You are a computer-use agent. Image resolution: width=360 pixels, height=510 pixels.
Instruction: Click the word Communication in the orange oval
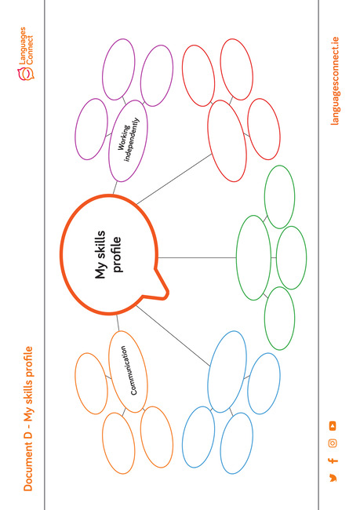tap(128, 370)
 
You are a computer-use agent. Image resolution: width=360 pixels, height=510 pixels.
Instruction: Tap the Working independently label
tap(129, 140)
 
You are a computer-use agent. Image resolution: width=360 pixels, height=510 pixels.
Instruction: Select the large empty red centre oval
tap(227, 140)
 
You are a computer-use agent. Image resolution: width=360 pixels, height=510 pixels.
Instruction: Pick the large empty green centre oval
tap(253, 257)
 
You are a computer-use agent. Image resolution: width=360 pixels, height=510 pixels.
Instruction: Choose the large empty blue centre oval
tap(227, 372)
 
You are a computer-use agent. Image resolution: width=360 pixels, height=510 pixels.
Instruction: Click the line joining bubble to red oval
tap(174, 179)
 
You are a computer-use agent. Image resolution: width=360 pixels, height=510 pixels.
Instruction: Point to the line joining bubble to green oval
tap(197, 258)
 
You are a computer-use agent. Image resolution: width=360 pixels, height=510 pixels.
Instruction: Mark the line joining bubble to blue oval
tap(173, 336)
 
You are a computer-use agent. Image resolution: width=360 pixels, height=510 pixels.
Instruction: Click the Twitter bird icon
tap(333, 478)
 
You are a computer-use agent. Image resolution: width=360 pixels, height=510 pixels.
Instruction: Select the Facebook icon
tap(333, 461)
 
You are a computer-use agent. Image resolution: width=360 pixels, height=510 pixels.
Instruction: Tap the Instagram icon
tap(333, 443)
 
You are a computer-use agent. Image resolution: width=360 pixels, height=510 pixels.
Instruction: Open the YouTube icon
tap(333, 426)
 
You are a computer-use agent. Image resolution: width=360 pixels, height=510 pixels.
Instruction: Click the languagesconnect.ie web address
tap(334, 81)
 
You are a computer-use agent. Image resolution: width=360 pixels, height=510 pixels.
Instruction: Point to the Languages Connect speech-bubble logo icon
tap(26, 74)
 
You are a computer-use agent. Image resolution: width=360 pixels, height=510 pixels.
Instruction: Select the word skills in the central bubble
tap(100, 244)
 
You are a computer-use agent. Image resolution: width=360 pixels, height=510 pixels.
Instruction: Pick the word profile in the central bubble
tap(117, 254)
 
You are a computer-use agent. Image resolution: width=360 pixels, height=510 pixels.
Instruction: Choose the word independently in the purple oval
tap(133, 140)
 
